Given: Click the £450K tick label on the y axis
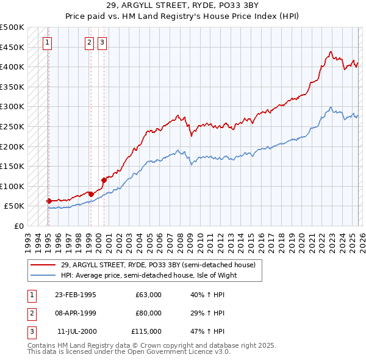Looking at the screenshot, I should [13, 47].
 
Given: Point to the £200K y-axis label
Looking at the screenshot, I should [13, 146].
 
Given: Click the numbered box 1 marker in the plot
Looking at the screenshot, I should [48, 42].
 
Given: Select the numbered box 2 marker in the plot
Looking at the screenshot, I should [90, 42].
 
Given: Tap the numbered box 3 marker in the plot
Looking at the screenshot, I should [102, 42].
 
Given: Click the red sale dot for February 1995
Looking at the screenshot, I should [49, 201].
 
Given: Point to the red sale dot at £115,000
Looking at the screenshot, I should [104, 180].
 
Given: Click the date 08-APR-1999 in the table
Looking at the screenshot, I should [75, 313].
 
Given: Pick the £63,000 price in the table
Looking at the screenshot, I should [148, 295].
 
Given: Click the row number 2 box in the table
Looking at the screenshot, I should [30, 313].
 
